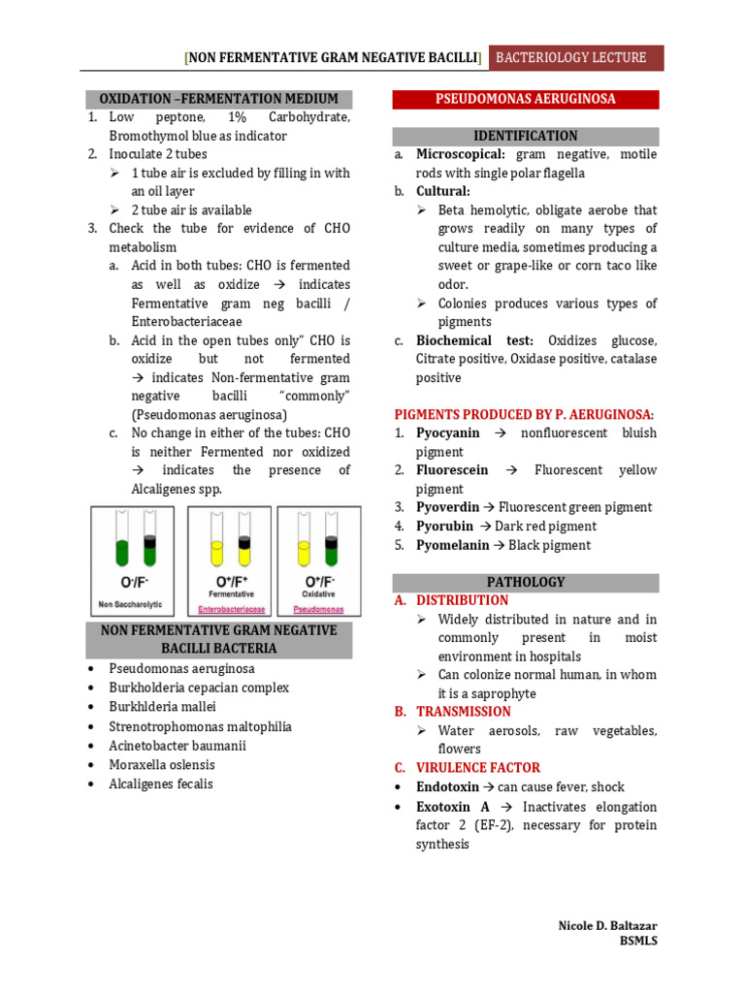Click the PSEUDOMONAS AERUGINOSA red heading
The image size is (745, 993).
[525, 99]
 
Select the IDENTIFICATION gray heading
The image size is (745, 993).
[525, 136]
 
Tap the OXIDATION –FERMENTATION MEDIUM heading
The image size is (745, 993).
[218, 99]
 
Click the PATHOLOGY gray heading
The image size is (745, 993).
[525, 582]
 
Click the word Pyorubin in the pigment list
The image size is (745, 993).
[445, 526]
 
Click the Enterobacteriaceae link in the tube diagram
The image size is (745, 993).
[231, 609]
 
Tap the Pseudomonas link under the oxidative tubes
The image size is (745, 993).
[318, 609]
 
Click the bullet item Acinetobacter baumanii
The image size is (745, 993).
[178, 746]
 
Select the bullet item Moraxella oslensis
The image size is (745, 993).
[166, 765]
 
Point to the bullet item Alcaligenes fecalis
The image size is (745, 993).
[161, 784]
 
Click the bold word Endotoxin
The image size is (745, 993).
[452, 786]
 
